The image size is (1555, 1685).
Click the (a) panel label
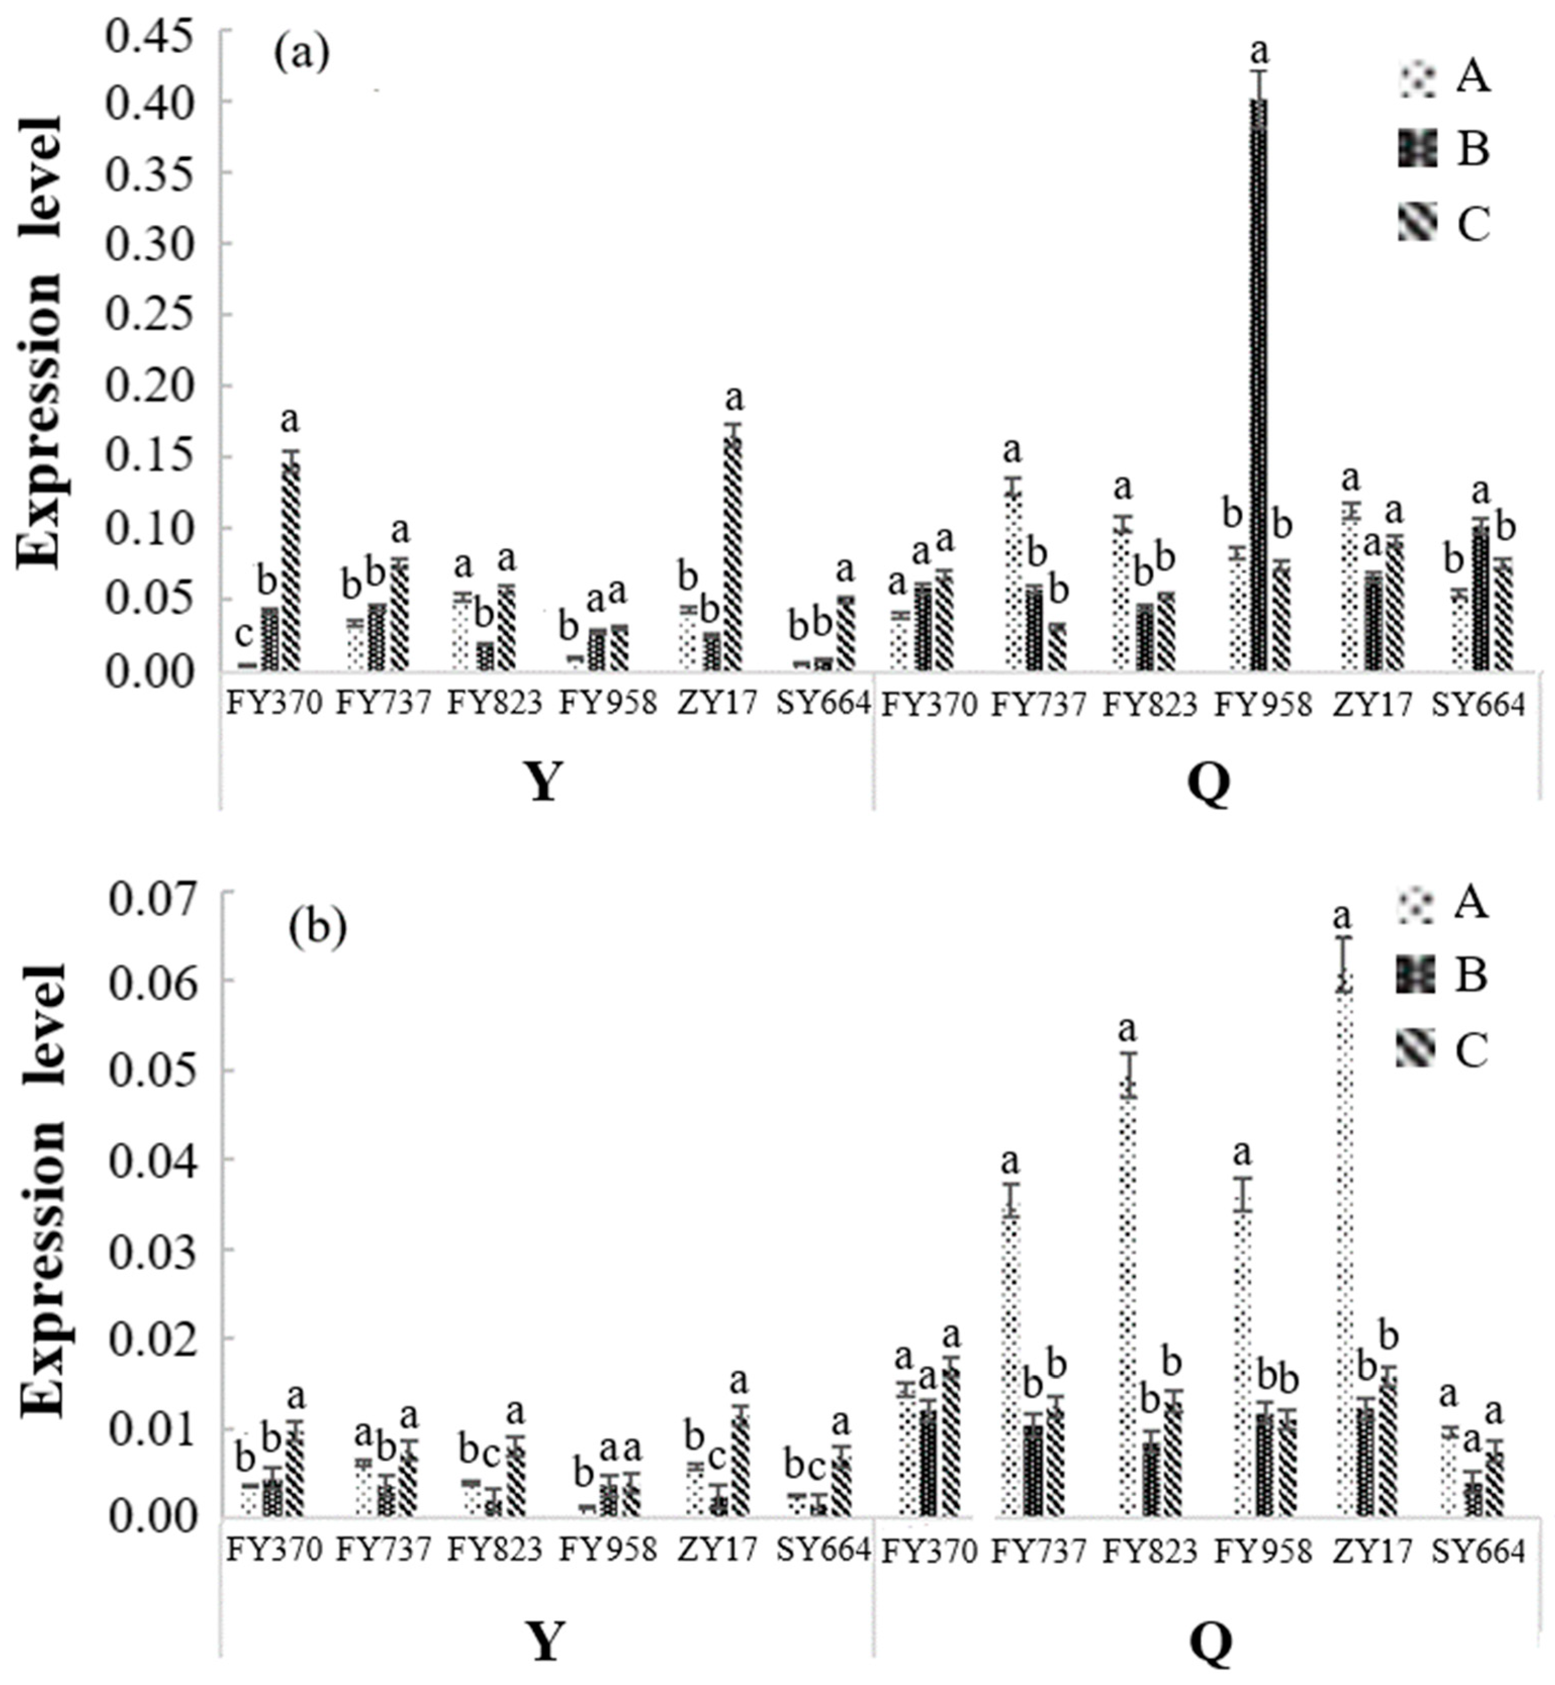point(301,56)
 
